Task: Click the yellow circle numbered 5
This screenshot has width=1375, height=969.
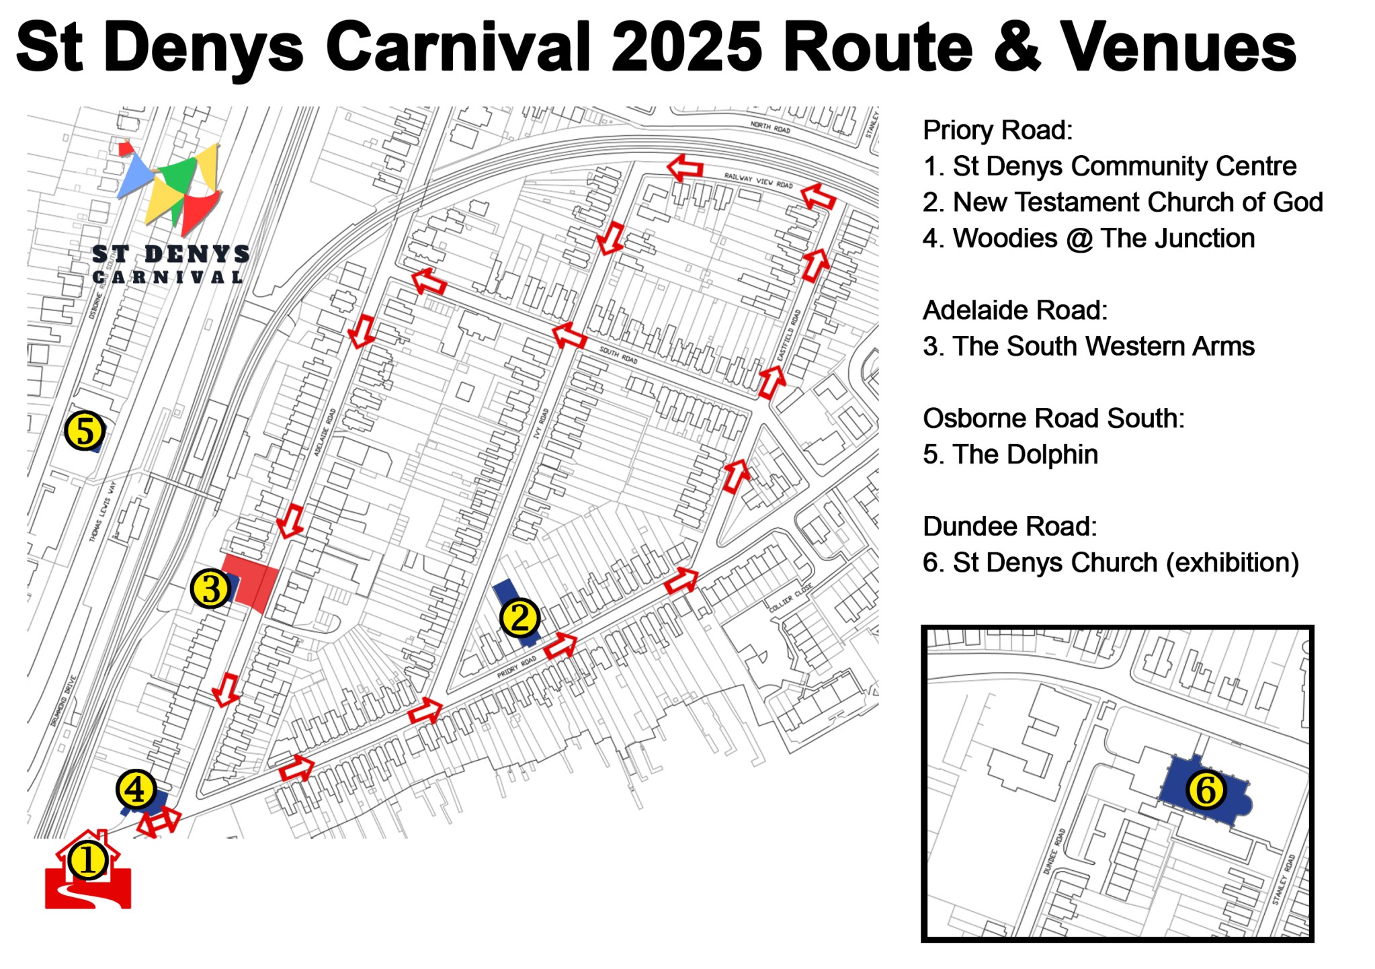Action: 85,431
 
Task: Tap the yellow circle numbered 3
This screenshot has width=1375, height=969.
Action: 211,589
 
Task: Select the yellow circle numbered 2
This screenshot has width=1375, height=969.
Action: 519,618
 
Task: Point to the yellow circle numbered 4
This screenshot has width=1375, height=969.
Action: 136,789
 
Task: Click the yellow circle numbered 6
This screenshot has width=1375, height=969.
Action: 1206,790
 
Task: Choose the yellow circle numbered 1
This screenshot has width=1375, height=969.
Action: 88,861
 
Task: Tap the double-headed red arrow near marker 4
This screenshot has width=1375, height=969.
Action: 159,821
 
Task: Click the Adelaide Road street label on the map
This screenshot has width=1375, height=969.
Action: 325,431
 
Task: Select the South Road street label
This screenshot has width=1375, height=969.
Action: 618,355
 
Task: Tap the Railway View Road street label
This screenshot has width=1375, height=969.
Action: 758,180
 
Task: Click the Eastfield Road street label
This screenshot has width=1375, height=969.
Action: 788,336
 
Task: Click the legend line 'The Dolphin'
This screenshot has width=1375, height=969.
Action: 1010,455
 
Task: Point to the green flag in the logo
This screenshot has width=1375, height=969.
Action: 177,176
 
